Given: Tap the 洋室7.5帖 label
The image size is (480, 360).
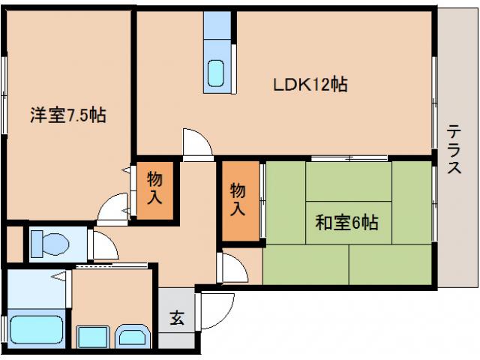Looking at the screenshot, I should (67, 115).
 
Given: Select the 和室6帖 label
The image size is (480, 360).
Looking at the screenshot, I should (346, 223).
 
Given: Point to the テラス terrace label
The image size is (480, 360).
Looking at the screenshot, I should (454, 150).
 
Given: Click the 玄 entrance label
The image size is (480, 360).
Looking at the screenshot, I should (177, 318).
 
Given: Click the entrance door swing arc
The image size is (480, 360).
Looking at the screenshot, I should (214, 309).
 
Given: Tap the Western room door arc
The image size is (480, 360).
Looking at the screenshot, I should (115, 207).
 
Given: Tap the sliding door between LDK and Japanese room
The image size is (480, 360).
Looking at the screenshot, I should (349, 158).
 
